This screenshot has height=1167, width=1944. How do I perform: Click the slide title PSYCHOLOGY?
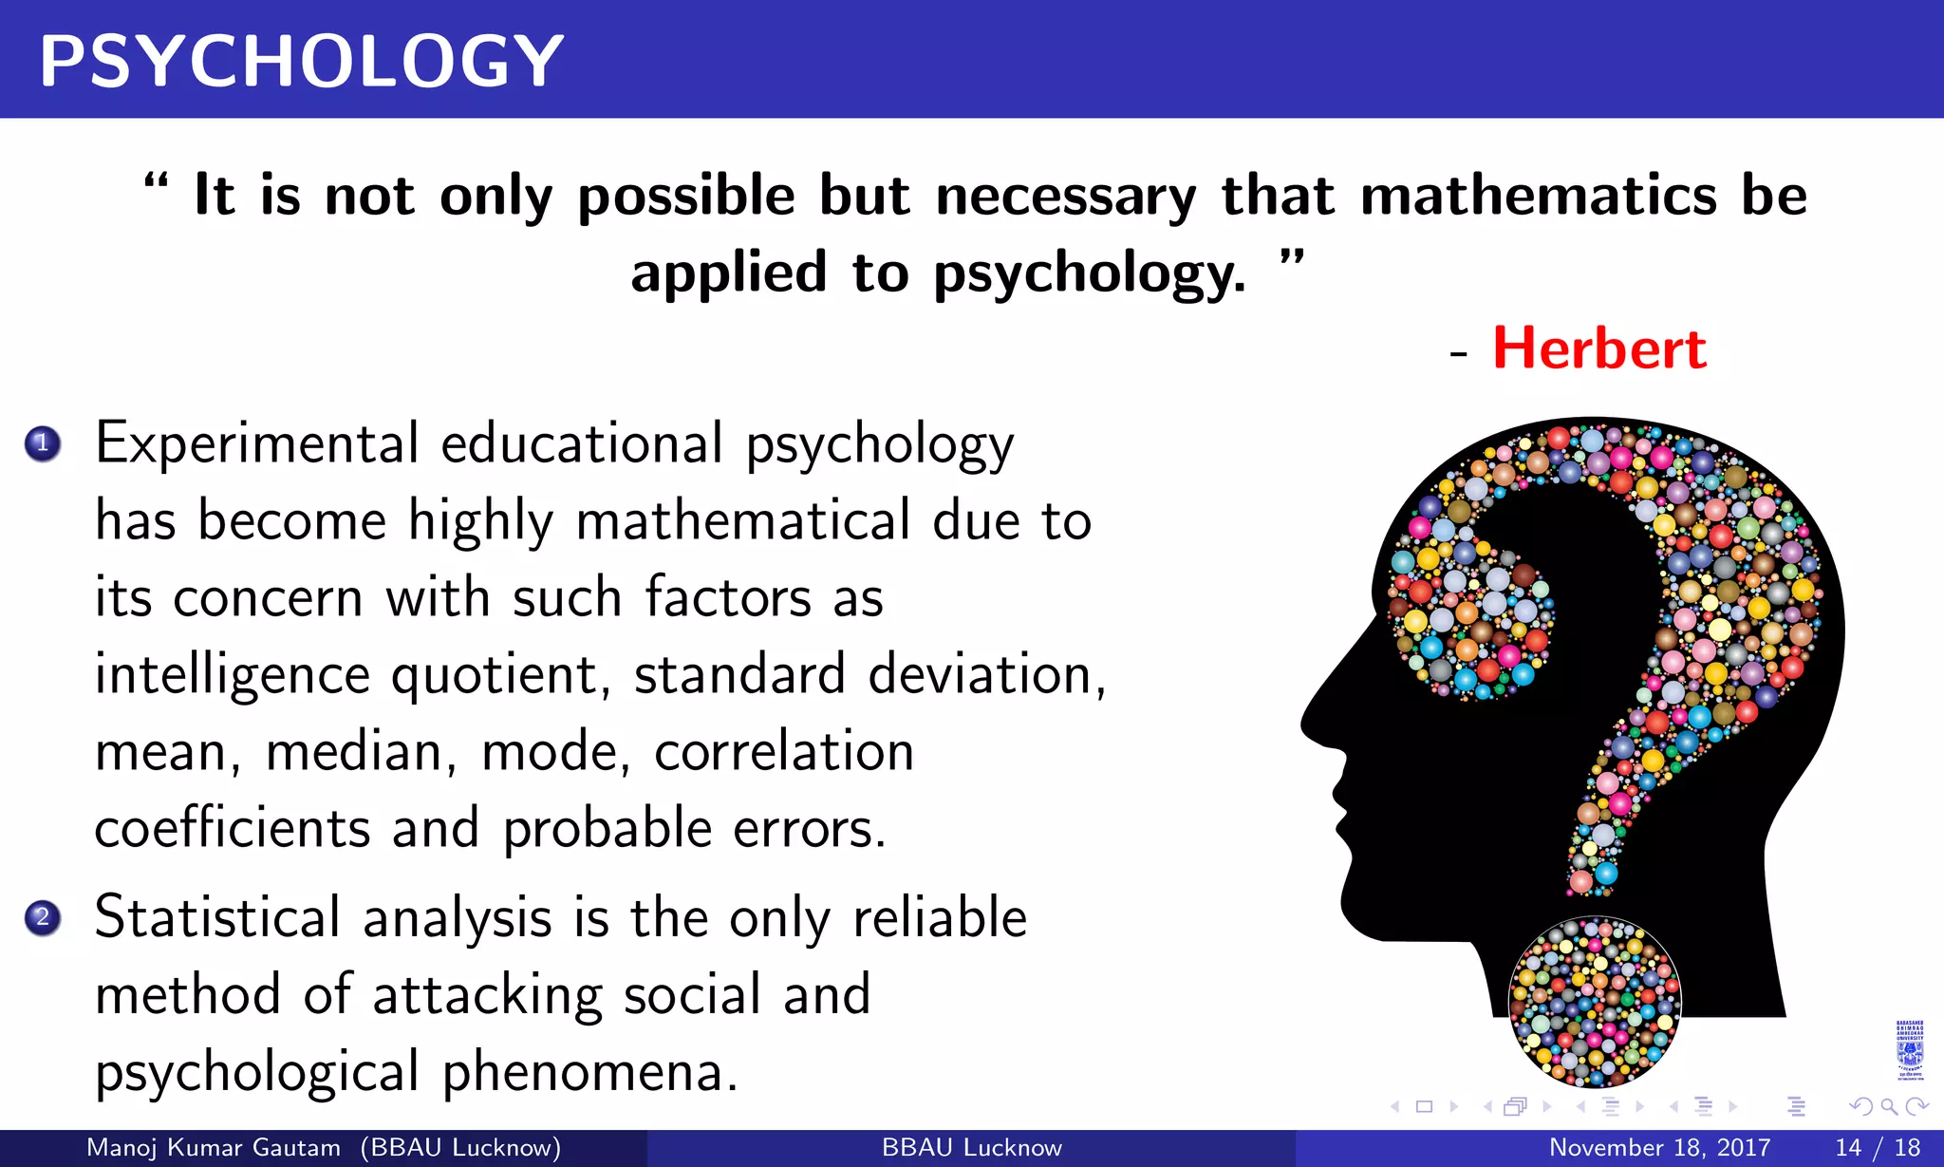coord(301,62)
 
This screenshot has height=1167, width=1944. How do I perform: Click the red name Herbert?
coord(1599,348)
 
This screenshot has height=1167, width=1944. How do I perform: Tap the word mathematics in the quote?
coord(1538,196)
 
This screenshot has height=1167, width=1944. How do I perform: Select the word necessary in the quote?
coord(1066,198)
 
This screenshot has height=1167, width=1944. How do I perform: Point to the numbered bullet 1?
coord(43,443)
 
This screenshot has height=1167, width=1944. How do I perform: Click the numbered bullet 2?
coord(43,918)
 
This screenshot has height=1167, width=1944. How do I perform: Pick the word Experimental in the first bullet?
coord(256,444)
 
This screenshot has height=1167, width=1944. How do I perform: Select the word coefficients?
coord(232,828)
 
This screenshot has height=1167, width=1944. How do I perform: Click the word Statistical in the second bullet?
coord(217,918)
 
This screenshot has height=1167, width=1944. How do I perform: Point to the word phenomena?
coord(589,1073)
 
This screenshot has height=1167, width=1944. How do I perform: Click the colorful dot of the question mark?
coord(1594,1002)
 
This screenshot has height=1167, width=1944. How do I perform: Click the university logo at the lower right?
coord(1909,1050)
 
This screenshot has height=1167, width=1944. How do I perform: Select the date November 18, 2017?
coord(1659,1148)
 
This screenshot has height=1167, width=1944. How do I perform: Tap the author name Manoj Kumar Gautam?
coord(214,1148)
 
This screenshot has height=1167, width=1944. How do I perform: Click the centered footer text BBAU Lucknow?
coord(971,1148)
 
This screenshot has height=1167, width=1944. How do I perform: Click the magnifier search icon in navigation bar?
coord(1888,1106)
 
